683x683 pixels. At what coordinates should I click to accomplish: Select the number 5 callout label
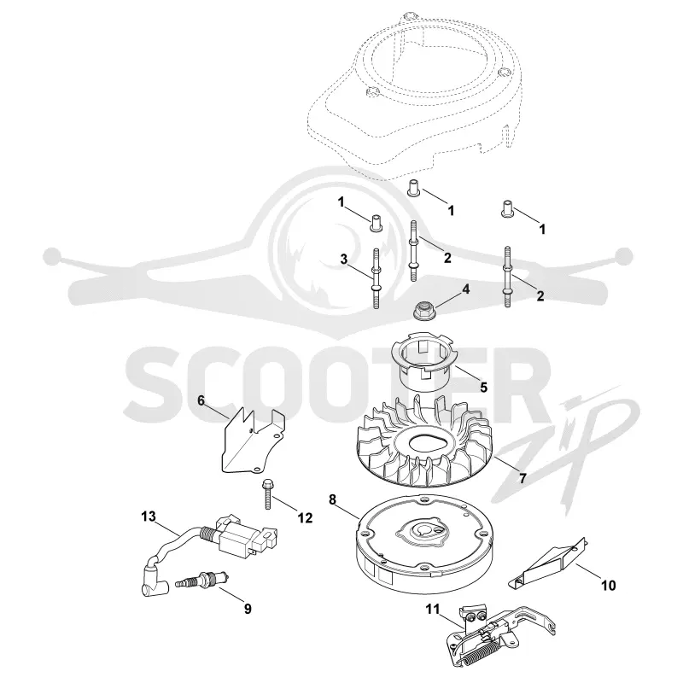[x=483, y=387]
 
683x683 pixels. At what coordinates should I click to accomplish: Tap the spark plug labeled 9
[x=202, y=581]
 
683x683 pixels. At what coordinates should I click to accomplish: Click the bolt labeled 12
[x=266, y=494]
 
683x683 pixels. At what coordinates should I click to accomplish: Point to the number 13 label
[x=148, y=517]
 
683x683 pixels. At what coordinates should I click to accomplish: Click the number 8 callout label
[x=332, y=499]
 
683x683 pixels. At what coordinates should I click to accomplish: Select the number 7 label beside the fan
[x=522, y=478]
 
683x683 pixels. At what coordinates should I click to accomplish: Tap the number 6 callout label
[x=201, y=400]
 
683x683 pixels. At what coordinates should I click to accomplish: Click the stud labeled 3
[x=376, y=279]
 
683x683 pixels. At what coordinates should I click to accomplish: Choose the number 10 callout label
[x=608, y=586]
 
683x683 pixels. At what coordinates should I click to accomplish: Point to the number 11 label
[x=433, y=609]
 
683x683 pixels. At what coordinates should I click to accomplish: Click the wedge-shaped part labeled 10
[x=548, y=562]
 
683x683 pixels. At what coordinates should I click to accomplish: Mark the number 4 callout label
[x=465, y=289]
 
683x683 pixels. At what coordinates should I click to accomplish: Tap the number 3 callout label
[x=344, y=260]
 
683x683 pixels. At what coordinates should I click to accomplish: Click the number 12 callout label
[x=305, y=518]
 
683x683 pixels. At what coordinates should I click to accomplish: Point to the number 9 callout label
[x=248, y=609]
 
